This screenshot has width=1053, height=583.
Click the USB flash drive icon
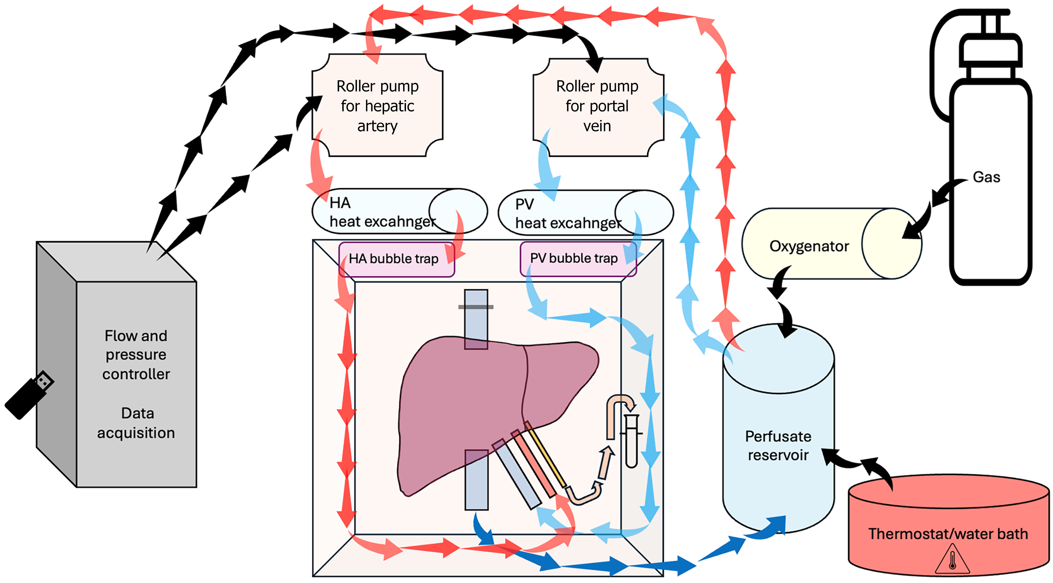(x=29, y=395)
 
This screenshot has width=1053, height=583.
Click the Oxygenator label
(x=809, y=246)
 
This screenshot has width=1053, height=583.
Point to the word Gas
(x=986, y=177)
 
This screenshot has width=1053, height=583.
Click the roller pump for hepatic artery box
(x=377, y=105)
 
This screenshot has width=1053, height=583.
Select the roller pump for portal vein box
(x=597, y=105)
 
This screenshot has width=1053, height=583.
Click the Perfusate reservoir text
(x=778, y=446)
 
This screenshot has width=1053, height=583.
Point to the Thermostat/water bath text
(x=948, y=534)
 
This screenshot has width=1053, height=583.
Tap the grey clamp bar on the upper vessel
(x=475, y=307)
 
